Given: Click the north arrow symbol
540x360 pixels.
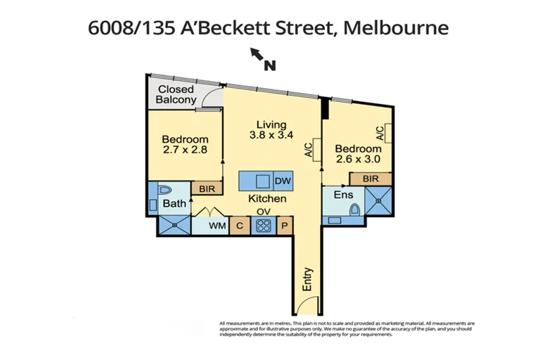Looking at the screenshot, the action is [x=256, y=53].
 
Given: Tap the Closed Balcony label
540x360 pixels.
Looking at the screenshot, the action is [x=176, y=94].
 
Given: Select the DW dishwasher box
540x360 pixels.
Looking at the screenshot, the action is [x=283, y=181].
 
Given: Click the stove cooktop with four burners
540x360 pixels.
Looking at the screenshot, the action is [x=264, y=226].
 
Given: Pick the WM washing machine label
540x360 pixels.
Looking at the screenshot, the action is [x=217, y=226].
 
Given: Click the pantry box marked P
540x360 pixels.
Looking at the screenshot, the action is [x=285, y=226].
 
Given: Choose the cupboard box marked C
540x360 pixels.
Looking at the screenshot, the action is [x=240, y=226].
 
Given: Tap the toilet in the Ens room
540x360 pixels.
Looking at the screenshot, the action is [x=354, y=210].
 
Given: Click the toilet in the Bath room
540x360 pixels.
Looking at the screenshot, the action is [x=165, y=190].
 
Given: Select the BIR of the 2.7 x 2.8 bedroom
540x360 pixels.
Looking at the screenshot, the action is [x=207, y=188].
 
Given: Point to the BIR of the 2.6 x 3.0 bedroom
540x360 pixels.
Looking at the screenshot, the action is [x=371, y=179].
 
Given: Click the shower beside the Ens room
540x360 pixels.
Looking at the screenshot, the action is [x=378, y=200].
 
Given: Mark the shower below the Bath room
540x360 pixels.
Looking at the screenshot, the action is [x=174, y=225].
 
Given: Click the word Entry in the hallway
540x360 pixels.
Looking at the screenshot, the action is [x=307, y=279].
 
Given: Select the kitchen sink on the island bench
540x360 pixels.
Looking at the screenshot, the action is [x=262, y=181].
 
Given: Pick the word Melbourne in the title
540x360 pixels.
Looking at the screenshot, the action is [x=396, y=27].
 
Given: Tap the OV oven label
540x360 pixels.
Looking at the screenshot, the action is [x=264, y=211].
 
